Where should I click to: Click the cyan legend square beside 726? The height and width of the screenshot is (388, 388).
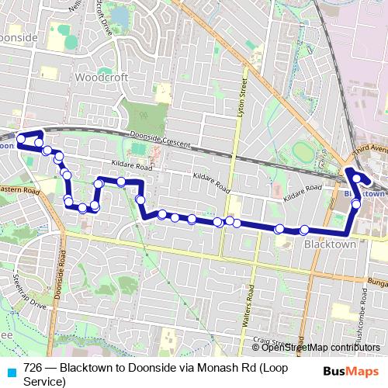[11, 372]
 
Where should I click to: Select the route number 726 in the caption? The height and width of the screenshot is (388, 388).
[33, 367]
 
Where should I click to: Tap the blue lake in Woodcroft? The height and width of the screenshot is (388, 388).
[120, 16]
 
